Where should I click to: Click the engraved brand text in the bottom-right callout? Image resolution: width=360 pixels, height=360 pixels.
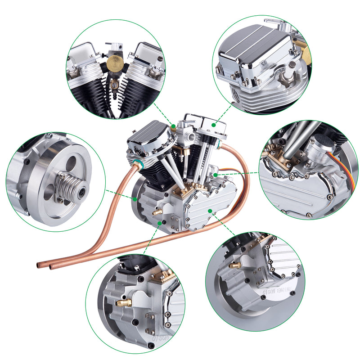tap(277, 289)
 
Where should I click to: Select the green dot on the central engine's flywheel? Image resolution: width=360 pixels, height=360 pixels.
tap(135, 198)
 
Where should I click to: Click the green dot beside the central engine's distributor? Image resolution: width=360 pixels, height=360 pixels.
tap(216, 173)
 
